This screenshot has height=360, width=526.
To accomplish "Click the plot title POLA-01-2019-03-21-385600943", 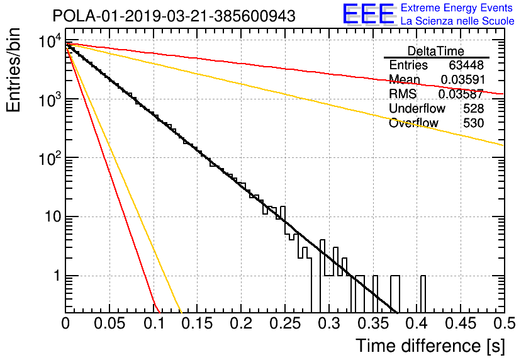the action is pyautogui.click(x=174, y=16).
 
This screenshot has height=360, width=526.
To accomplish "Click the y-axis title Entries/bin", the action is pyautogui.click(x=13, y=70).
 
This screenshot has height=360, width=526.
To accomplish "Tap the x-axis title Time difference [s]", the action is pyautogui.click(x=430, y=346).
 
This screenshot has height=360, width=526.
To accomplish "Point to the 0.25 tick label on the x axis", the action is pyautogui.click(x=284, y=323).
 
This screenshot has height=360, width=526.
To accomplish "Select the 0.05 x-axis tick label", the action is pyautogui.click(x=109, y=323).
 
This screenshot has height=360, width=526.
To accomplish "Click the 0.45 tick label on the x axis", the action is pyautogui.click(x=461, y=323).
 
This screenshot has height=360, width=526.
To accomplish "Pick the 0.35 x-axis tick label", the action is pyautogui.click(x=372, y=323).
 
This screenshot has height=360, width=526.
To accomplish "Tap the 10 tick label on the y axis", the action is pyautogui.click(x=53, y=217).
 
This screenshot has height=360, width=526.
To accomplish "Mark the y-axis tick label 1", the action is pyautogui.click(x=57, y=276).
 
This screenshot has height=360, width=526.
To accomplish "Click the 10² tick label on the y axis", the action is pyautogui.click(x=51, y=157).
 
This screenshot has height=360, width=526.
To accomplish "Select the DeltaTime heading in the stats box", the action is pyautogui.click(x=436, y=51).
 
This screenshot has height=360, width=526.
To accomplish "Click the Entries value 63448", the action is pyautogui.click(x=466, y=65).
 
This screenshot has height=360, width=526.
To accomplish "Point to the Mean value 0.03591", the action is pyautogui.click(x=463, y=79).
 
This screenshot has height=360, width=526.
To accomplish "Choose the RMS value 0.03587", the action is pyautogui.click(x=461, y=94).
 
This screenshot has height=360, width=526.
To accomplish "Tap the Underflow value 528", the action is pyautogui.click(x=474, y=108).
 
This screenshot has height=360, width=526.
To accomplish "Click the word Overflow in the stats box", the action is pyautogui.click(x=413, y=123).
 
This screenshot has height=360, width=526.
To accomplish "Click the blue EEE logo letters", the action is pyautogui.click(x=368, y=14).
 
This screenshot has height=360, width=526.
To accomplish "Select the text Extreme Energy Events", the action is pyautogui.click(x=457, y=8).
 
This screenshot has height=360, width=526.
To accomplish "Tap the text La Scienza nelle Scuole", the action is pyautogui.click(x=457, y=21).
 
